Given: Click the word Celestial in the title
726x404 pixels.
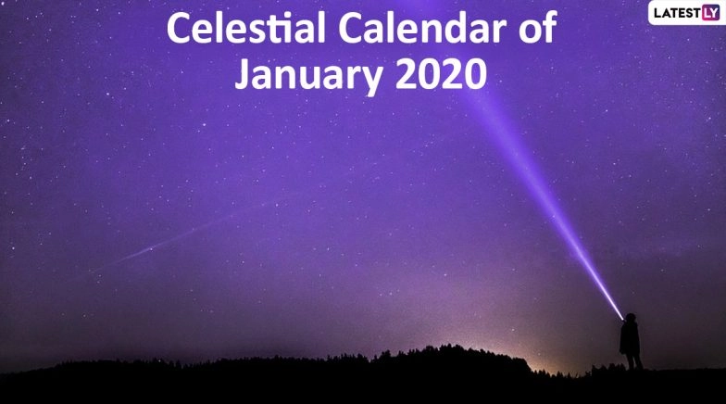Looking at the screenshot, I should [x=244, y=31].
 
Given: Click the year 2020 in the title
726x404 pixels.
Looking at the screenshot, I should [x=440, y=74].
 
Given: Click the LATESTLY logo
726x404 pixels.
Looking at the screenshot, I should [x=684, y=13].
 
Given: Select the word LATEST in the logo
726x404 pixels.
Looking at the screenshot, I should [x=675, y=13].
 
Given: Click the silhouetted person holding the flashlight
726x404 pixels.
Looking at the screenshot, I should [x=631, y=342].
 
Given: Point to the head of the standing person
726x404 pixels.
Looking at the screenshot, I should [x=630, y=320].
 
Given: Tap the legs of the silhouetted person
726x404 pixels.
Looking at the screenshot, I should [x=632, y=360].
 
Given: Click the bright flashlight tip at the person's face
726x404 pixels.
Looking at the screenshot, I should [x=620, y=316].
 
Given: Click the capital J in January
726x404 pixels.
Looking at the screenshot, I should [x=243, y=74].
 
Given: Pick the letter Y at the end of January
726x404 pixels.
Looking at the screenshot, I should [x=375, y=78].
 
